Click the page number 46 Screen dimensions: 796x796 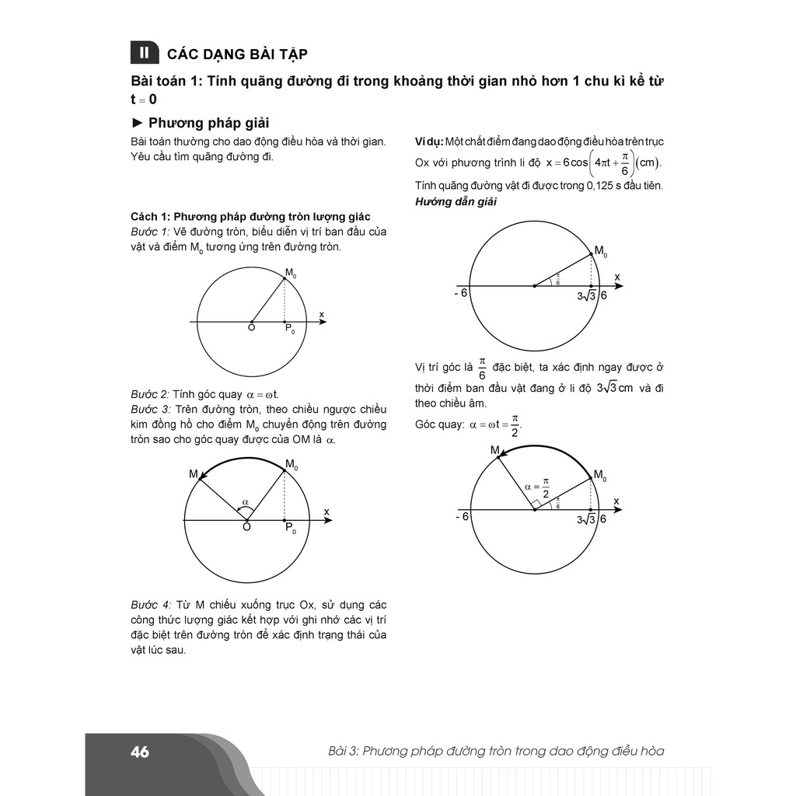click(140, 752)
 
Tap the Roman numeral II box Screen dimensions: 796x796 click(143, 53)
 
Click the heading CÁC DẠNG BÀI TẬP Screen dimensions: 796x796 click(237, 54)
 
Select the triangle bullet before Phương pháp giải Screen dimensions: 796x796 click(138, 123)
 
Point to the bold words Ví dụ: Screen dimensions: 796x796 click(428, 141)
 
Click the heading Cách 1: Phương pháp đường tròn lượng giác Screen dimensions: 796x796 click(250, 216)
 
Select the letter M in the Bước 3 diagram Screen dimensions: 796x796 click(193, 473)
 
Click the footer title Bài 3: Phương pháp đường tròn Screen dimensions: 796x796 click(496, 752)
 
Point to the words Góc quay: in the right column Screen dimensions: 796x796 click(440, 424)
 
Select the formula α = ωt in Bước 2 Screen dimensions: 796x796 click(263, 394)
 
